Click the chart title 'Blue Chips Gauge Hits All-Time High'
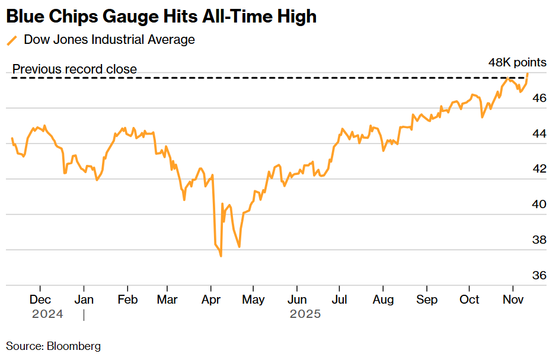coord(161,16)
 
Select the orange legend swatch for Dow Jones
coord(12,40)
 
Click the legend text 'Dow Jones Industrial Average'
coord(109,40)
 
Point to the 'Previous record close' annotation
coord(75,69)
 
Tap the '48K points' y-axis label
coord(517,62)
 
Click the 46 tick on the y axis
coord(539,98)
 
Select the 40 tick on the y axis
coord(539,205)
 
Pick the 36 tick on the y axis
coord(539,276)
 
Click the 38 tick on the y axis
coord(539,240)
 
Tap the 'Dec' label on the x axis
coord(40,300)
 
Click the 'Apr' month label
coord(212,300)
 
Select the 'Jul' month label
coord(339,300)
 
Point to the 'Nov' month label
coord(513,300)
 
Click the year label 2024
coord(47,314)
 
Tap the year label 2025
coord(305,314)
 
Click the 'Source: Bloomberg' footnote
coord(53,346)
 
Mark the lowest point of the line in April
coord(221,256)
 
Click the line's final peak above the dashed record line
coord(528,73)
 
